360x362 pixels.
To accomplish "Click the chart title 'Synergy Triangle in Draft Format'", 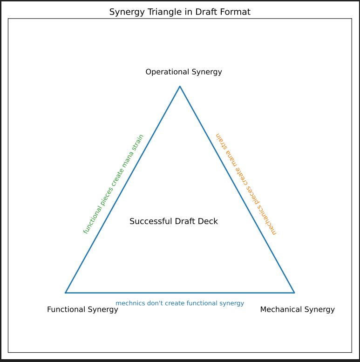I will pyautogui.click(x=180, y=12).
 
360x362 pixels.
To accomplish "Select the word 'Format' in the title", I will pyautogui.click(x=235, y=12).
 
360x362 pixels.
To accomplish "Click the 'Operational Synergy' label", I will pyautogui.click(x=183, y=72).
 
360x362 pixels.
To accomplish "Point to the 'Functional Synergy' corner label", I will pyautogui.click(x=82, y=309).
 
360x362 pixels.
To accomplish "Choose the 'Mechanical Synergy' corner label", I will pyautogui.click(x=297, y=309).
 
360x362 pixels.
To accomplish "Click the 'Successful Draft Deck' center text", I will pyautogui.click(x=173, y=221).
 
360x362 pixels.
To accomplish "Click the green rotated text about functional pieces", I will pyautogui.click(x=113, y=184).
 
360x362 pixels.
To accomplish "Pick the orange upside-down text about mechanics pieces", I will pyautogui.click(x=245, y=184).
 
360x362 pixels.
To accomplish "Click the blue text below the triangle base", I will pyautogui.click(x=180, y=303).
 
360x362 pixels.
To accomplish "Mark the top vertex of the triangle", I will pyautogui.click(x=180, y=86).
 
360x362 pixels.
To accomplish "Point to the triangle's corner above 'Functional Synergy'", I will pyautogui.click(x=66, y=293).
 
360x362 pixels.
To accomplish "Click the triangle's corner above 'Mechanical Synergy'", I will pyautogui.click(x=294, y=293).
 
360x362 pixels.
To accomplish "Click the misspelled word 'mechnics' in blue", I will pyautogui.click(x=128, y=303).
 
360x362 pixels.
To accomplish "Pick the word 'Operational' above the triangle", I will pyautogui.click(x=164, y=72).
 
